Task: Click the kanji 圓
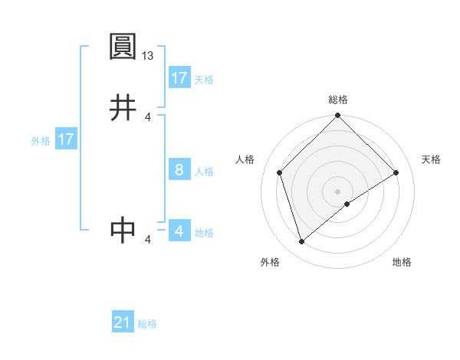[123, 47]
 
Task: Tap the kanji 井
[123, 108]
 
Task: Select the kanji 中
[123, 230]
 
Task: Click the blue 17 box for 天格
[179, 78]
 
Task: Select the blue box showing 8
[179, 170]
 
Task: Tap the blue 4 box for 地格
[179, 231]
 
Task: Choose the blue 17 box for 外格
[66, 140]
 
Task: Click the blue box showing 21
[123, 323]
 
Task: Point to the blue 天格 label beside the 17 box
[203, 79]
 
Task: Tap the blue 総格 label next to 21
[147, 324]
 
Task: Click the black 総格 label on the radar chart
[338, 100]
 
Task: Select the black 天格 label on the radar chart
[431, 159]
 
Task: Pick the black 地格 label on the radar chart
[402, 263]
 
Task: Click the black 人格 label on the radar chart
[245, 159]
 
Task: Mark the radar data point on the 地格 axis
[347, 204]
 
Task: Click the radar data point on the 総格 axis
[338, 116]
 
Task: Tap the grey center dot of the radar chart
[338, 191]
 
